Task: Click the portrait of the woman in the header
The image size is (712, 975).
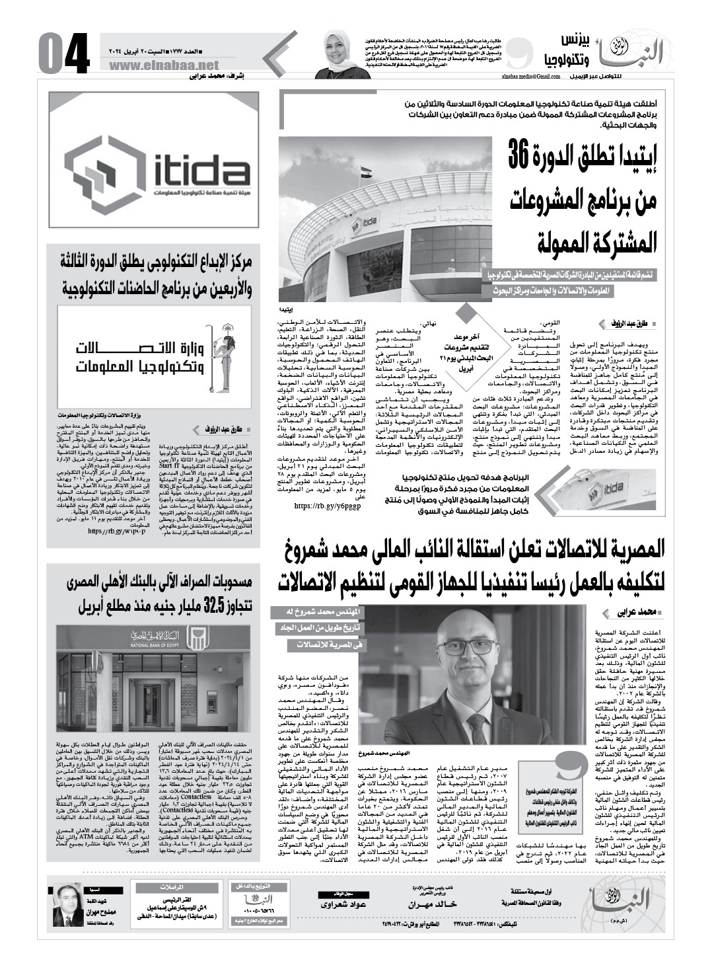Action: [336, 52]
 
